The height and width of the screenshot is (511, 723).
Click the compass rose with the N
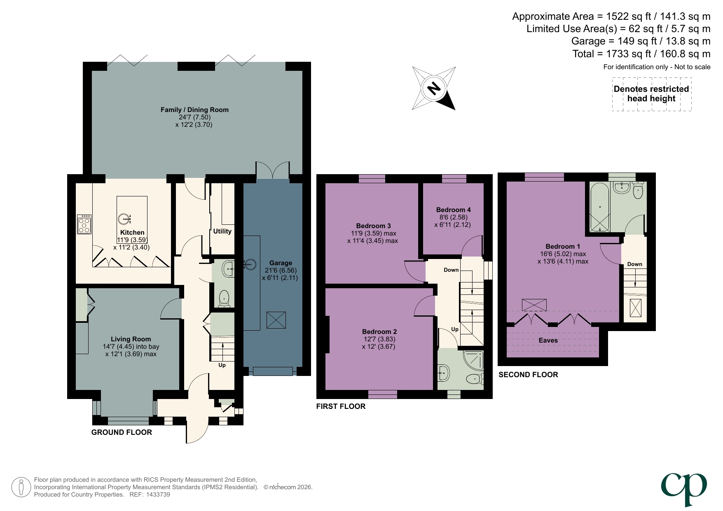click(x=434, y=88)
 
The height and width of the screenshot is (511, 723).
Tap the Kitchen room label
click(x=132, y=233)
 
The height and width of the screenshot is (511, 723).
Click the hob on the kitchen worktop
click(x=84, y=224)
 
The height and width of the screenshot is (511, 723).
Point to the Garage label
click(x=281, y=263)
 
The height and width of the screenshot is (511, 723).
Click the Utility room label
click(x=222, y=231)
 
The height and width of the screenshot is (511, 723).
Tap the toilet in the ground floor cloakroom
click(x=224, y=297)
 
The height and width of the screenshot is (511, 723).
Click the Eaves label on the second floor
click(x=548, y=341)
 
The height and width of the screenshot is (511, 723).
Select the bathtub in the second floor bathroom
click(x=600, y=207)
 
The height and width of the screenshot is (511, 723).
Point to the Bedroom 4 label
click(x=453, y=210)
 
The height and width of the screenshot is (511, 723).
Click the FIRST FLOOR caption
click(x=341, y=406)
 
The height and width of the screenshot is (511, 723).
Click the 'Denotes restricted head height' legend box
click(x=651, y=94)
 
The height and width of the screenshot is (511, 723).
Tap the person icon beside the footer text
click(x=21, y=488)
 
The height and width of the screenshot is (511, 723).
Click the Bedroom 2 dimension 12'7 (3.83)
click(x=379, y=339)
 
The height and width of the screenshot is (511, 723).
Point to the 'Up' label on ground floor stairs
click(x=222, y=365)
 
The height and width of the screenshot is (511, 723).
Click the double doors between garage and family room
click(x=272, y=171)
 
